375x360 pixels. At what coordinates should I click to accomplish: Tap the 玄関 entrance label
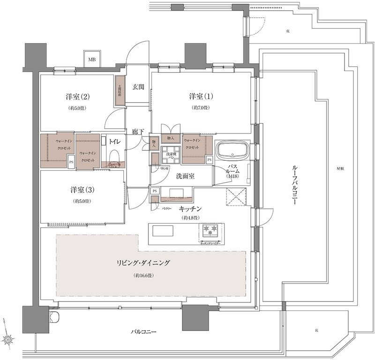click(138, 87)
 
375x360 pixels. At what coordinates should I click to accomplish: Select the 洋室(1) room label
click(201, 97)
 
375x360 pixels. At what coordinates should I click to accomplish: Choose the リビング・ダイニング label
click(143, 263)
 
